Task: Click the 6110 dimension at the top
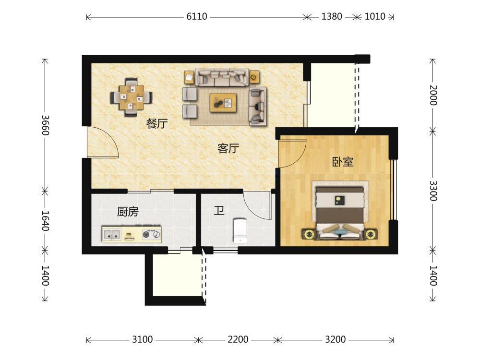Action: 197,16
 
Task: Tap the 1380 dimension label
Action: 332,16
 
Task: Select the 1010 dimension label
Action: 375,16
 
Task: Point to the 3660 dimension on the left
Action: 45,125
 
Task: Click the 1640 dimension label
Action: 45,221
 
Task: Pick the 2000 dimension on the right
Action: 433,95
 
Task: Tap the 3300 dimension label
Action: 433,191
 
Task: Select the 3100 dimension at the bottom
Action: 143,339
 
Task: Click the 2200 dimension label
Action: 238,339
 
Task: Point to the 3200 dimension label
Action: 335,339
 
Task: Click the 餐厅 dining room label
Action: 157,124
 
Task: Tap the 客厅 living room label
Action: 228,148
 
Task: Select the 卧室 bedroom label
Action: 343,162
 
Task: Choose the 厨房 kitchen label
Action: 128,212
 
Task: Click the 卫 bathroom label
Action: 219,211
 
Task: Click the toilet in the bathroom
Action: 240,230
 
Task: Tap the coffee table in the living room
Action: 223,103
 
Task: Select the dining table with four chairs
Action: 132,97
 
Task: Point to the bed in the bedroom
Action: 340,211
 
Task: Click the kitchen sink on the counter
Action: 111,235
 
